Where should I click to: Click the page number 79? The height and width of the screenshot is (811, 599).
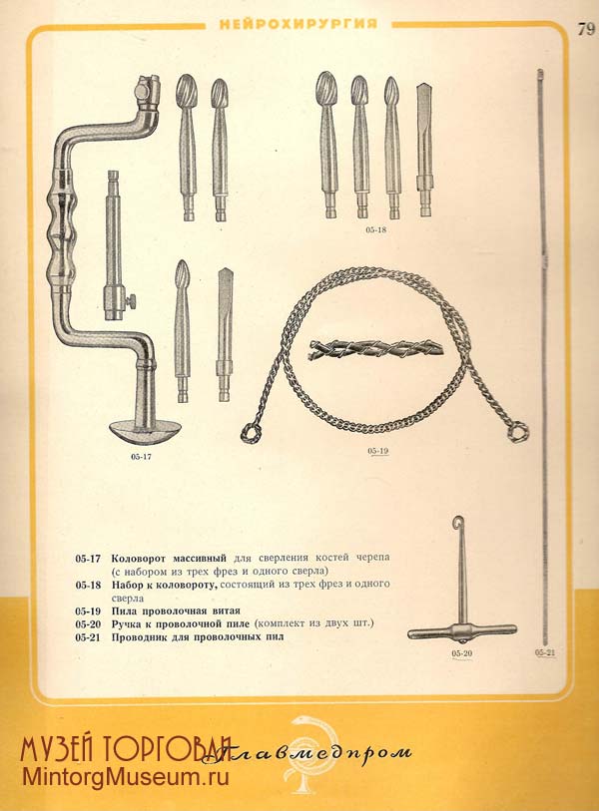pos(587,30)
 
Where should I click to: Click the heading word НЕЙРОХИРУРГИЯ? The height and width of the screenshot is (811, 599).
pos(299,24)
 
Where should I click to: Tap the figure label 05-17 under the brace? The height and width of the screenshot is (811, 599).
pos(142,457)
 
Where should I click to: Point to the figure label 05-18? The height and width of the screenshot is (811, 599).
pos(375,230)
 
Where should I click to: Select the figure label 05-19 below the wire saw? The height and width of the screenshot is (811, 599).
pos(378,451)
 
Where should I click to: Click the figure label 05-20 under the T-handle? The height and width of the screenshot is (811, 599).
pos(462,653)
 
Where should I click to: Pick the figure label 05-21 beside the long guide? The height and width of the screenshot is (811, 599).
pos(545,652)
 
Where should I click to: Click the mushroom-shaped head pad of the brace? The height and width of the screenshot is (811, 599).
pos(146,431)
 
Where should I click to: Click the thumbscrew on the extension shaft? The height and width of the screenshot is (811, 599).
pos(132,300)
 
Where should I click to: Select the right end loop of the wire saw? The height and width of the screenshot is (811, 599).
pos(518,432)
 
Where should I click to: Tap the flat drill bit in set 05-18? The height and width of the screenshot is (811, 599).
pos(424,150)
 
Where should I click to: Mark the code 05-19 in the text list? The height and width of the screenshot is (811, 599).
pos(88,610)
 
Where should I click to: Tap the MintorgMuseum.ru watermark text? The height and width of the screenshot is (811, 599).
pos(125,777)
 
